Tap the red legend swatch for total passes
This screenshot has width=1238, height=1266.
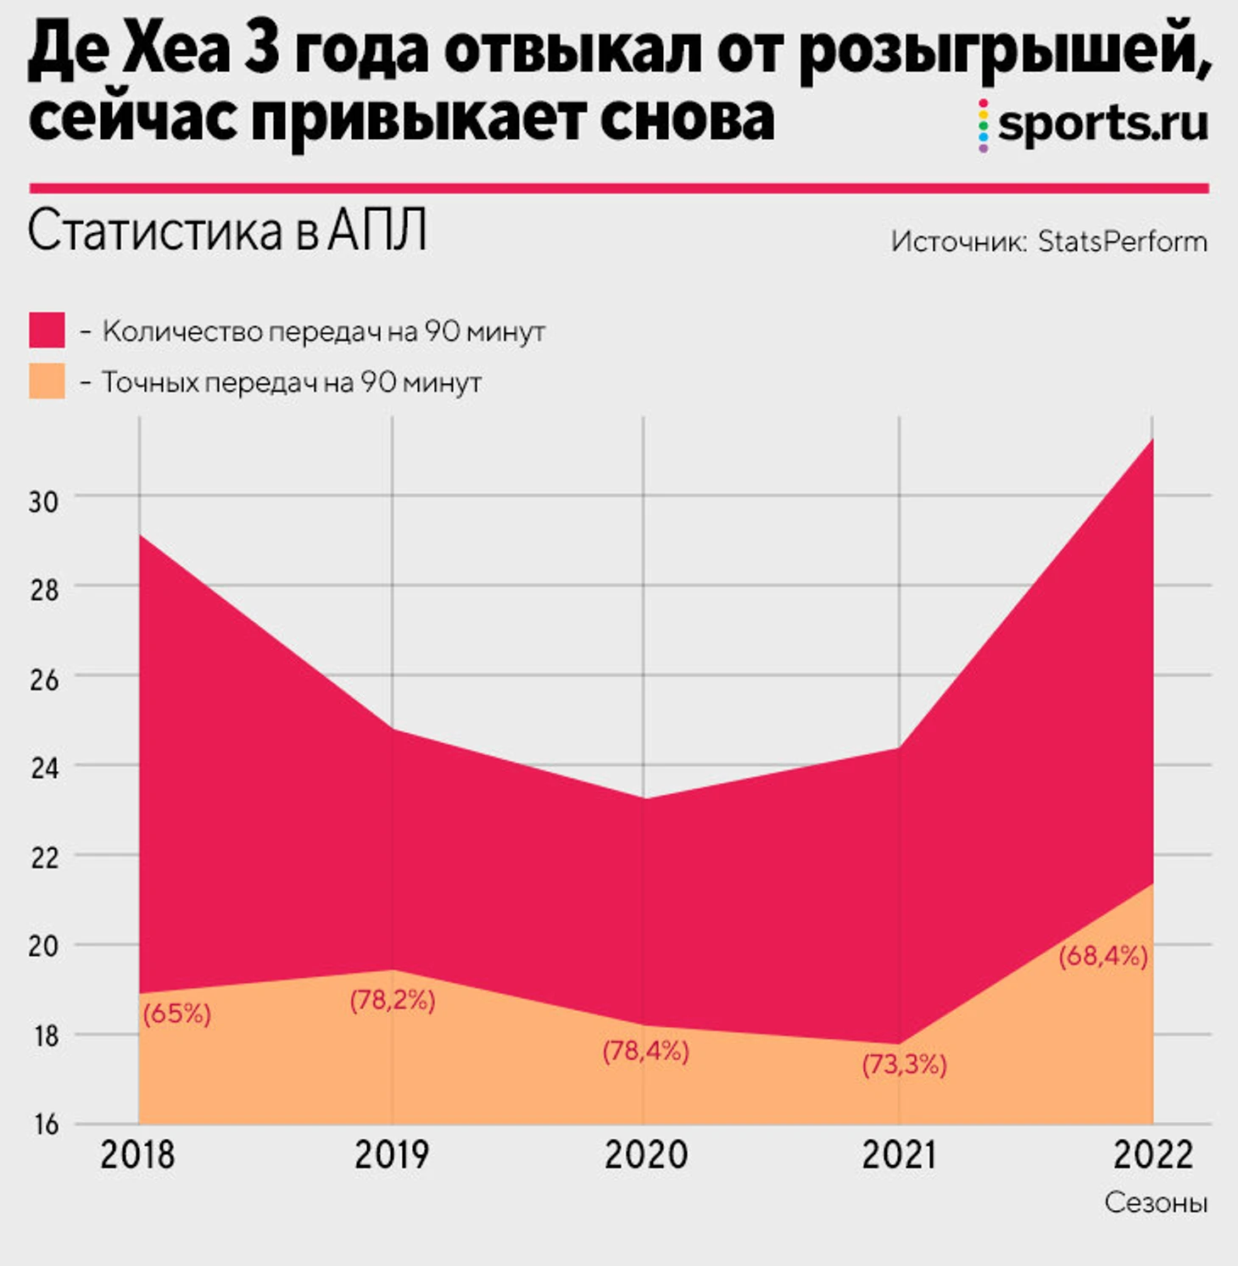coord(47,330)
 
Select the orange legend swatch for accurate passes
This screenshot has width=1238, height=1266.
coord(47,381)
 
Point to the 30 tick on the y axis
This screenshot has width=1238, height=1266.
coord(43,501)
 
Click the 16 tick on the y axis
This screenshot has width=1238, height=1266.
coord(46,1124)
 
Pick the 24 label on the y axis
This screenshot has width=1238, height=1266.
coord(44,768)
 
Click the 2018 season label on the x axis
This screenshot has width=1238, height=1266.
coord(137,1154)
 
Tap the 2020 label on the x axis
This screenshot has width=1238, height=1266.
coord(645,1154)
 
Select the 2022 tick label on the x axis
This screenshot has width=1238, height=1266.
coord(1152,1154)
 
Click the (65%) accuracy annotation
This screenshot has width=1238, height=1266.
coord(176,1013)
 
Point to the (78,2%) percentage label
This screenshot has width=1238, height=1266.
coord(393,1001)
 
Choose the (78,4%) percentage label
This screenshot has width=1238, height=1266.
coord(645,1052)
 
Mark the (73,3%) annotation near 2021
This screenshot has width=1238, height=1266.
coord(904,1064)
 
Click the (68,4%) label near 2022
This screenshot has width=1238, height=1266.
coord(1103,956)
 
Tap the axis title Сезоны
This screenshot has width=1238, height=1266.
coord(1156,1202)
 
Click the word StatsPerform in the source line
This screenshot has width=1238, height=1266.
coord(1123,242)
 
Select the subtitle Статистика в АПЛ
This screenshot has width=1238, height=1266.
coord(227,230)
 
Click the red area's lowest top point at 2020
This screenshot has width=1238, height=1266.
coord(644,798)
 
